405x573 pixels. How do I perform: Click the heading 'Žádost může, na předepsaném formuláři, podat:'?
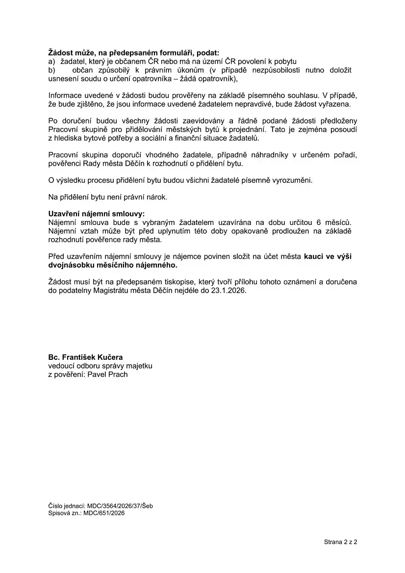pos(134,52)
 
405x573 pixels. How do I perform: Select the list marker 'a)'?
pos(52,61)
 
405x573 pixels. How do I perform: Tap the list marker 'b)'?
pos(52,70)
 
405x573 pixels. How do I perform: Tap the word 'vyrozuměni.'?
pos(292,180)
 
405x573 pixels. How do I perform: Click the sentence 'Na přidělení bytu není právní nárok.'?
pos(108,197)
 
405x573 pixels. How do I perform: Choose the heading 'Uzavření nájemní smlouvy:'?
pos(97,214)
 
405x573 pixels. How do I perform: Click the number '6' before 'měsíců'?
pos(319,223)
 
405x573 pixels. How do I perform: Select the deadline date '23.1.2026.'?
pos(229,290)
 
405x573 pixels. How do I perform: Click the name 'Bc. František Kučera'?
pos(85,357)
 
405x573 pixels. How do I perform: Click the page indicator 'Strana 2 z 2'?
pos(340,542)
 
